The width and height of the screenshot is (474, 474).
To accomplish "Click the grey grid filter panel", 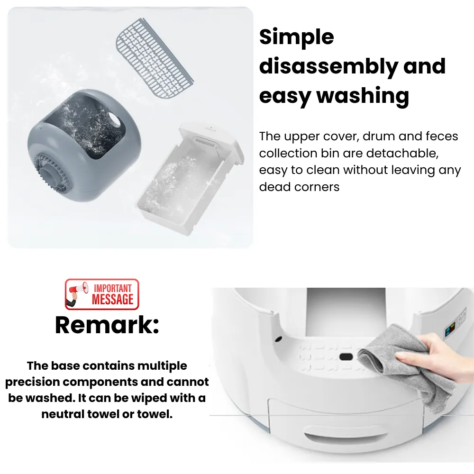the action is click(x=155, y=58).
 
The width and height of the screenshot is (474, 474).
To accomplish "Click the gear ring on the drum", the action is click(x=50, y=173).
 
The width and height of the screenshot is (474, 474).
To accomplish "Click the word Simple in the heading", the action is click(x=297, y=37).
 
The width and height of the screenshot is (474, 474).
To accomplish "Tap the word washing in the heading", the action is click(x=363, y=96).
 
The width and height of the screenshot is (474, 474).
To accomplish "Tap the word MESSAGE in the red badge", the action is click(x=112, y=299).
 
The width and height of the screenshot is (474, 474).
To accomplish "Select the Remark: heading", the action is click(x=107, y=325).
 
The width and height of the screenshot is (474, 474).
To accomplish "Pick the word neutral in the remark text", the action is click(x=63, y=414).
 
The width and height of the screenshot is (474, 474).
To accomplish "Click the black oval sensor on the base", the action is click(x=346, y=357).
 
